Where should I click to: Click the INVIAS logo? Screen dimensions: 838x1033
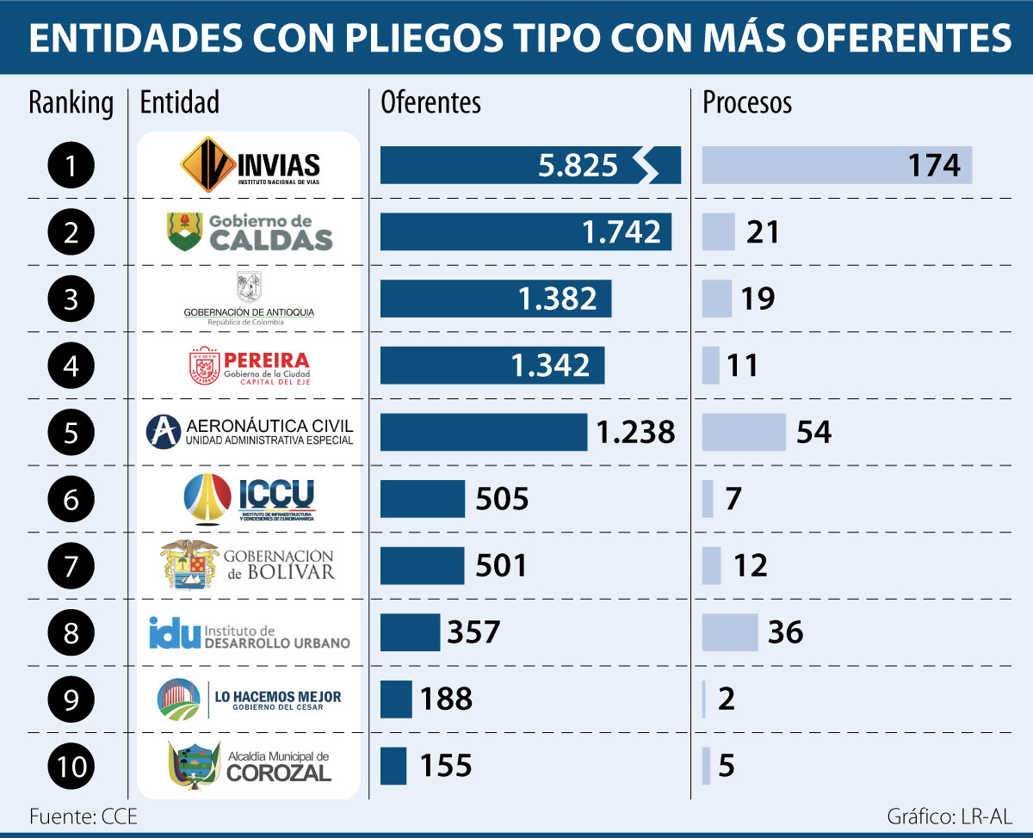click(250, 164)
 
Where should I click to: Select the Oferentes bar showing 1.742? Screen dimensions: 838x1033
click(525, 231)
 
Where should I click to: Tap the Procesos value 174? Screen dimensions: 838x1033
click(934, 165)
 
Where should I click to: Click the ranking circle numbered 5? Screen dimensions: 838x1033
click(72, 432)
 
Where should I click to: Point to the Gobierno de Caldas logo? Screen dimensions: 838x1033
click(250, 231)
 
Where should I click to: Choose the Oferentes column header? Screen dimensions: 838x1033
click(430, 102)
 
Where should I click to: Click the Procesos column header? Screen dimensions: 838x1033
click(747, 102)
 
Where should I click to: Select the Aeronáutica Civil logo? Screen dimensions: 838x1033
click(250, 432)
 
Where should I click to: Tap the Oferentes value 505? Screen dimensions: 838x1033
click(501, 499)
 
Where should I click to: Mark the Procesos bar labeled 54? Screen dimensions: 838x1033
click(744, 432)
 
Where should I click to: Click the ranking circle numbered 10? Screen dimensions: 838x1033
click(72, 766)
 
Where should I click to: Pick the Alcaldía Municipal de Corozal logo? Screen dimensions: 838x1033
click(250, 764)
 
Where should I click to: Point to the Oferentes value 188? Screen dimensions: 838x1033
click(446, 699)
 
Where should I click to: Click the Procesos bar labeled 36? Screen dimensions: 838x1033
click(730, 632)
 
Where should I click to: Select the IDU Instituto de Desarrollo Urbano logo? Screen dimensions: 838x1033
click(250, 632)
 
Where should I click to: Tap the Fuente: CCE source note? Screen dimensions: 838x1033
click(83, 816)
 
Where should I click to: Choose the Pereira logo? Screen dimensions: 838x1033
click(250, 365)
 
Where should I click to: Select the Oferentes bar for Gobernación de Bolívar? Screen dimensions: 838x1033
click(422, 565)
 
